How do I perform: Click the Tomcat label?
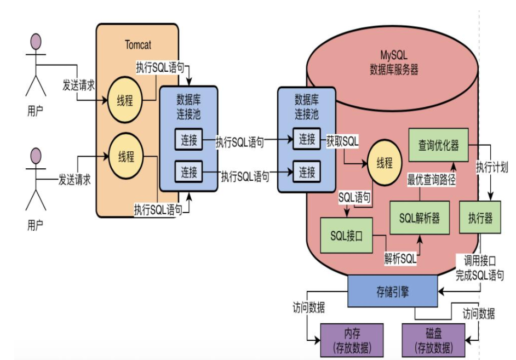[x=137, y=44]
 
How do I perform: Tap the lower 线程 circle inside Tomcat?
[x=126, y=157]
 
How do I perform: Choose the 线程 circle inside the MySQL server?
[x=385, y=163]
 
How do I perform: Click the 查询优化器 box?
[x=439, y=145]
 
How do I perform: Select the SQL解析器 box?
[x=419, y=218]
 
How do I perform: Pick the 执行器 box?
[x=480, y=218]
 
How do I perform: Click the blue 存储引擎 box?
[x=393, y=290]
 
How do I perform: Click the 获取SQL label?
[x=343, y=141]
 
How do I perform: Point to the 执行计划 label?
[x=492, y=167]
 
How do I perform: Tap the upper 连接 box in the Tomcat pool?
[x=189, y=140]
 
